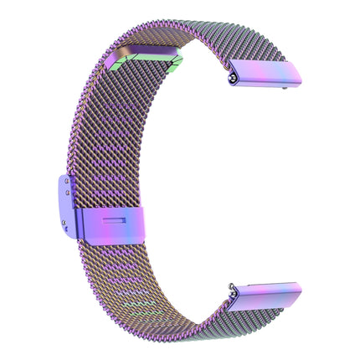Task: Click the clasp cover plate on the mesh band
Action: (113, 225)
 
